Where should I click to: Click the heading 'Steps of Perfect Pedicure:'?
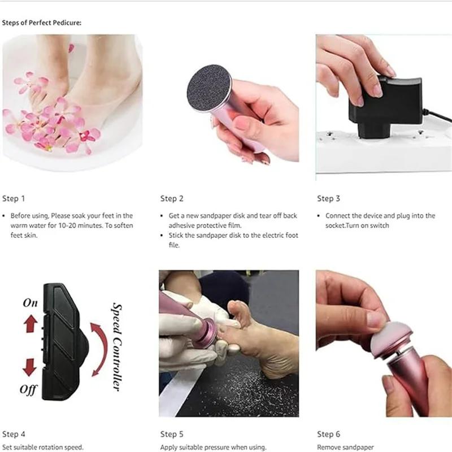42,23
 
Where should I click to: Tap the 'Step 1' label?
14,198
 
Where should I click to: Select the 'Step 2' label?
172,198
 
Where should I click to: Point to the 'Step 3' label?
328,198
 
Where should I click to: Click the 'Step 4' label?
14,434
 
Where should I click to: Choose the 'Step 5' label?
172,434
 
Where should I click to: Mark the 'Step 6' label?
328,434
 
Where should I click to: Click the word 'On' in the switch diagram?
30,303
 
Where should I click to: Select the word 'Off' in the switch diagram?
28,389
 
